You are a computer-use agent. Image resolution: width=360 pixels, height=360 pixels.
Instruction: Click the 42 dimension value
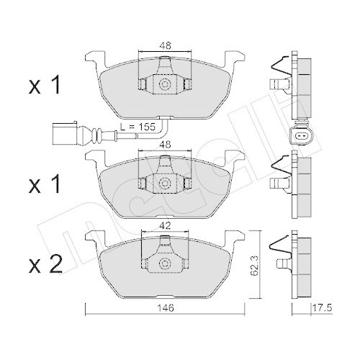point(165,224)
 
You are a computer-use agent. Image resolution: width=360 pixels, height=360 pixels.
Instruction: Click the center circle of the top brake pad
point(165,85)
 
